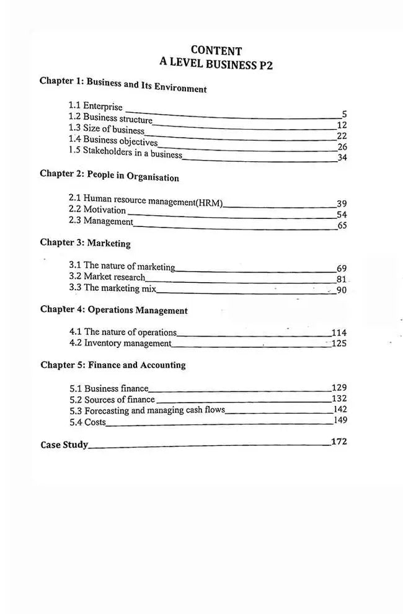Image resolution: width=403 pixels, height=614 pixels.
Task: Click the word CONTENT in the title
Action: pos(216,50)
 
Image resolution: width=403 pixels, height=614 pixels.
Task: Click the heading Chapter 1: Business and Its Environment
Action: pos(123,84)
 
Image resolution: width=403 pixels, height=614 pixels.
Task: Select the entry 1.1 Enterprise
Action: pos(95,106)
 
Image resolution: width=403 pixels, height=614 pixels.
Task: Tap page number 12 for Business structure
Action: pos(342,125)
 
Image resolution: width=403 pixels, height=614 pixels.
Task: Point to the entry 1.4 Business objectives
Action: pos(113,141)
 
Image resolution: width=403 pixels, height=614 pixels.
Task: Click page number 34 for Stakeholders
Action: pos(342,158)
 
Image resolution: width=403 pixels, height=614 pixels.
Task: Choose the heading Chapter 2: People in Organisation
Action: pos(109,176)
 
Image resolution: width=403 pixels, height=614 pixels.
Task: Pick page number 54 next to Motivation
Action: pos(342,215)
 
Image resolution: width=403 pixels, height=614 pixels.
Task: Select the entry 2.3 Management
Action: pos(100,221)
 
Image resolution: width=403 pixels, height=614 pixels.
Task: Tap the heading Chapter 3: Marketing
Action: pos(85,243)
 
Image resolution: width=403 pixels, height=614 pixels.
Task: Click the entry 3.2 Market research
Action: pos(107,277)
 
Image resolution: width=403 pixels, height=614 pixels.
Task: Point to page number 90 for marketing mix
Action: pos(342,290)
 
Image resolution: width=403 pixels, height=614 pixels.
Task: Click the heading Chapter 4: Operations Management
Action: pos(114,309)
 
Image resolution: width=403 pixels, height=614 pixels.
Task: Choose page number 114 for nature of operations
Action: pos(339,332)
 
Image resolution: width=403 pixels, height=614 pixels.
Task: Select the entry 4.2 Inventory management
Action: pos(120,343)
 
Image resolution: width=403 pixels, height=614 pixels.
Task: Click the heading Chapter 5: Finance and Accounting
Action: pos(113,365)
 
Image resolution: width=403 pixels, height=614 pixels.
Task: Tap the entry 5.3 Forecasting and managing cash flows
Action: pos(146,411)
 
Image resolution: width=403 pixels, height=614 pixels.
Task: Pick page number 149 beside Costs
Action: pos(340,420)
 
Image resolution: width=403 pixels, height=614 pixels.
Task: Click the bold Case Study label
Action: pos(64,445)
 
